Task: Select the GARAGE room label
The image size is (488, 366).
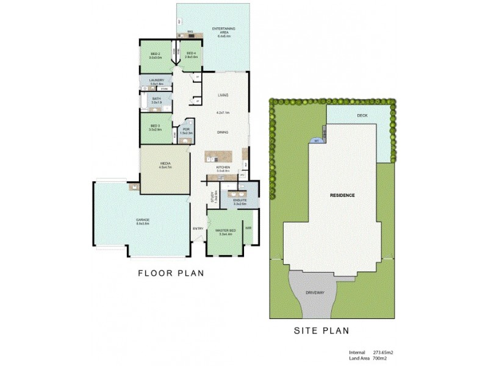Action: point(143,221)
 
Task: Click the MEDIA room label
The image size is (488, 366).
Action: point(165,165)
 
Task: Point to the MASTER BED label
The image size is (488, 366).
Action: point(226,231)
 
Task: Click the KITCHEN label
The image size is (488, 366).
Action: point(223,168)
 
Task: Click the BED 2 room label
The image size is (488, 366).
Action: point(155,56)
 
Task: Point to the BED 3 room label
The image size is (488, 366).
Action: point(155,127)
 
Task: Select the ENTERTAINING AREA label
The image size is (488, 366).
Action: point(224,31)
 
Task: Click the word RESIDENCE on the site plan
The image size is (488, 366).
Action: point(342,195)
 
